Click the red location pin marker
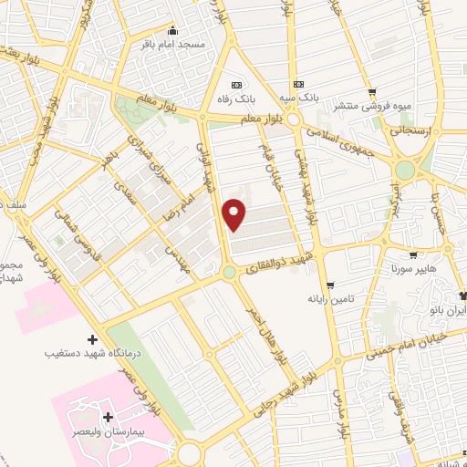pyautogui.click(x=234, y=214)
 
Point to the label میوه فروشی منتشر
pyautogui.click(x=372, y=106)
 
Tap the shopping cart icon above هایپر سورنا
pyautogui.click(x=413, y=255)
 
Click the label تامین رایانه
pyautogui.click(x=329, y=298)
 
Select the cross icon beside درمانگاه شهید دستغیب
pyautogui.click(x=91, y=339)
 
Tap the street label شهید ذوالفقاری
pyautogui.click(x=283, y=261)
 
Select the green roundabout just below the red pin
pyautogui.click(x=229, y=272)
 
